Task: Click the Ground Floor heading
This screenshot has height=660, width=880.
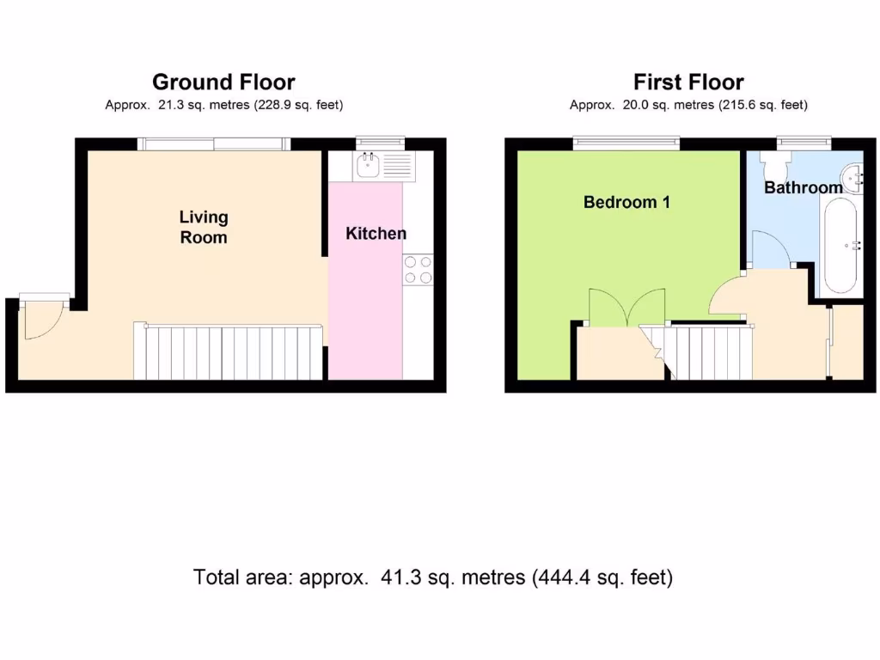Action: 223,82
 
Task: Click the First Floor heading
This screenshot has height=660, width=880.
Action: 688,82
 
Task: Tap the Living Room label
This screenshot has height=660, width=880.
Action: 204,227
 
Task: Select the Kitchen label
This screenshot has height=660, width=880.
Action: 376,234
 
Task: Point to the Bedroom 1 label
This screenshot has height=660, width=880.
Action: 626,203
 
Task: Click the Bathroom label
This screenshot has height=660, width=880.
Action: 804,187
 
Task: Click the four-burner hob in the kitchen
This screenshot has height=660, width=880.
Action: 419,270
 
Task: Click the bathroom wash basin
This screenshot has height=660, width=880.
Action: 855,176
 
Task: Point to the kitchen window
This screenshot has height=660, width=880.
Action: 380,140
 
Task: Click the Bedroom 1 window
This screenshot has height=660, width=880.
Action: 627,143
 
